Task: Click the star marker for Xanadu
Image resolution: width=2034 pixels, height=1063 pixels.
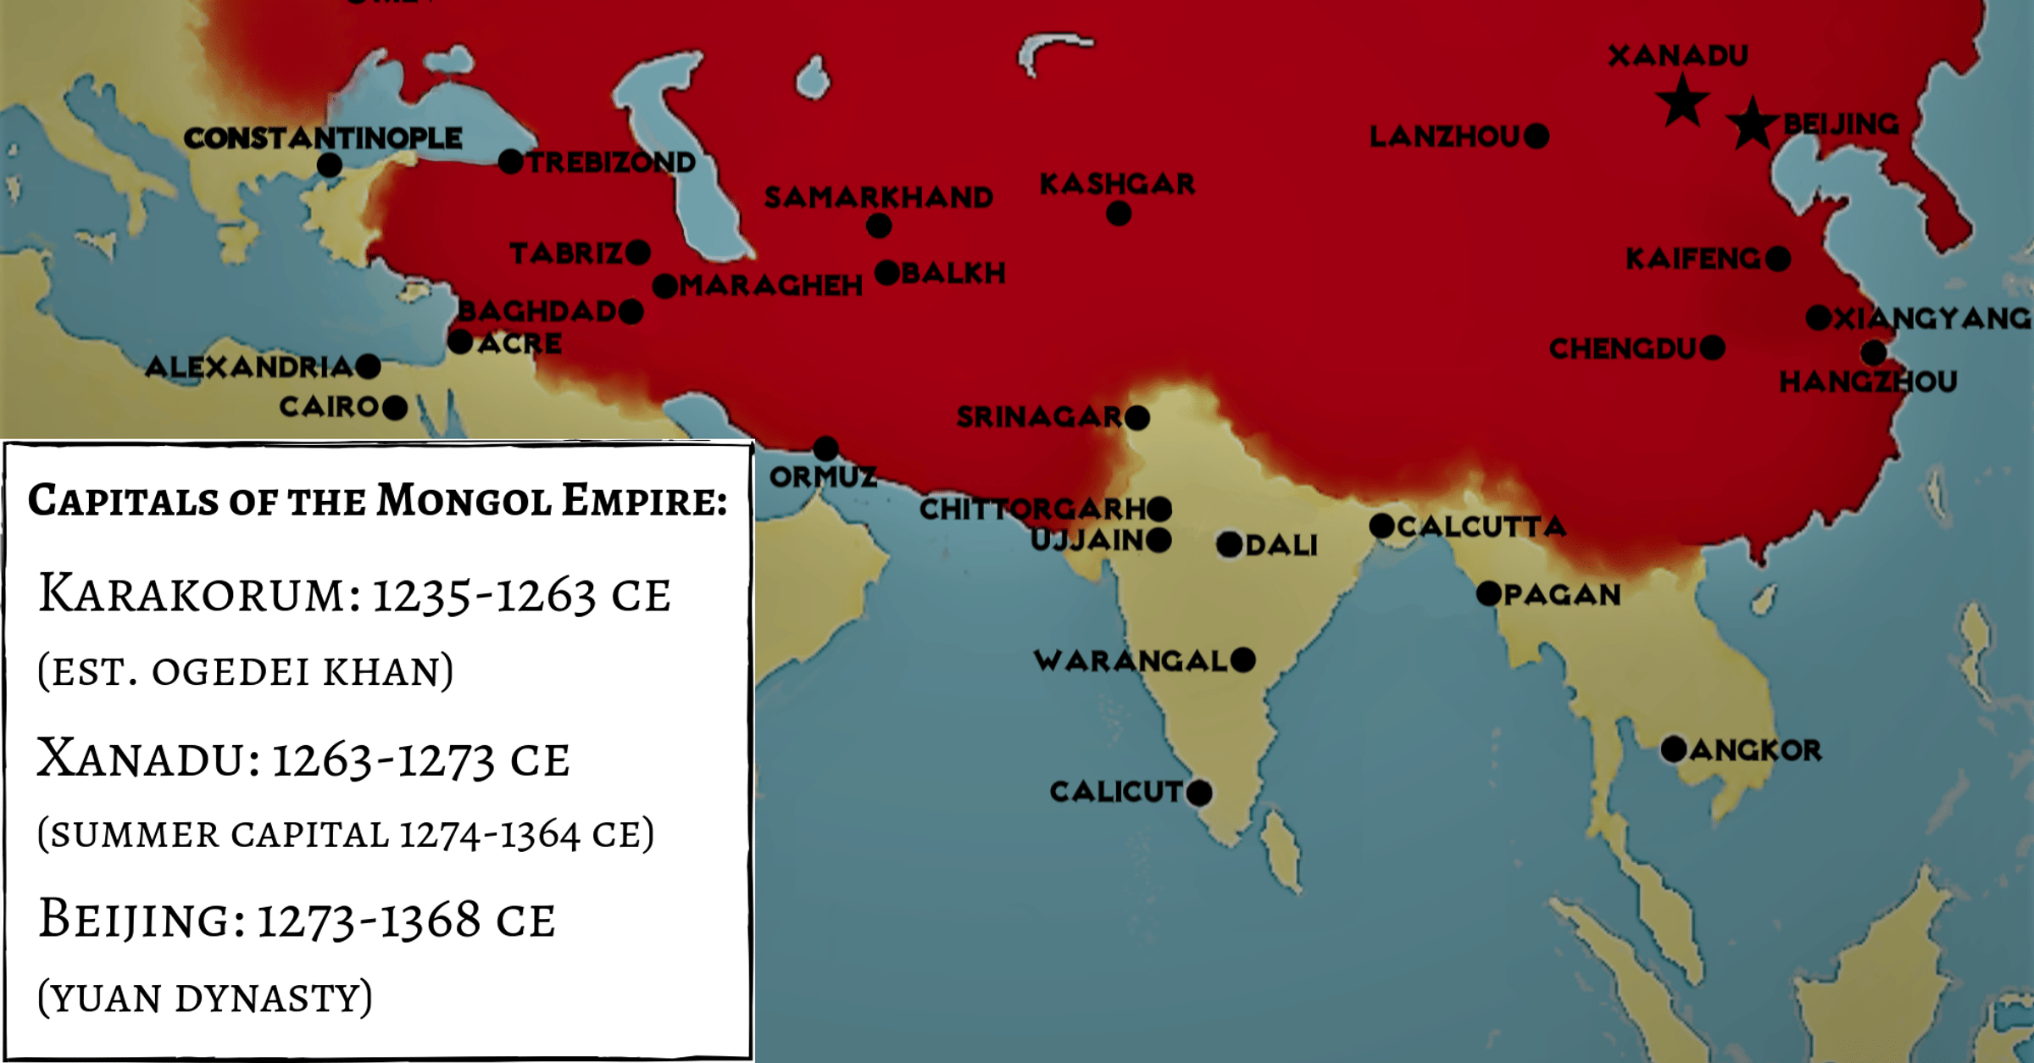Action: point(1682,101)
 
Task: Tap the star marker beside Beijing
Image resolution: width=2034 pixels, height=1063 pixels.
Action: point(1752,124)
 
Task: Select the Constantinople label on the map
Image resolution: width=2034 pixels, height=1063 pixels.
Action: point(323,138)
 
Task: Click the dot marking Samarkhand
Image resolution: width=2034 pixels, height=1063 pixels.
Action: point(879,226)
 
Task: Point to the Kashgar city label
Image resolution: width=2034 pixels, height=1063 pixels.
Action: point(1117,184)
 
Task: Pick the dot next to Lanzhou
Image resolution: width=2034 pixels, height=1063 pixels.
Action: point(1536,136)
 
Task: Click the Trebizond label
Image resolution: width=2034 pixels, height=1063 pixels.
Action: point(611,162)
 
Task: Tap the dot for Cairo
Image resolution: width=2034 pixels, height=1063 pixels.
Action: point(395,408)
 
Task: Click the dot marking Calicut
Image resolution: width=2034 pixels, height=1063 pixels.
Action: point(1198,793)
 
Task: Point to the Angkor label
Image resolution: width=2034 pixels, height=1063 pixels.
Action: point(1755,750)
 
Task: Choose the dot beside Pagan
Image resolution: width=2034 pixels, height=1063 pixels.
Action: point(1488,593)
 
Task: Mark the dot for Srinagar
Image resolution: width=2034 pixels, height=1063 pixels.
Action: point(1136,417)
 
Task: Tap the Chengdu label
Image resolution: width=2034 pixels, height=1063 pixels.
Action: point(1622,348)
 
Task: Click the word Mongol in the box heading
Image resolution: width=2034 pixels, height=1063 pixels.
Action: point(464,501)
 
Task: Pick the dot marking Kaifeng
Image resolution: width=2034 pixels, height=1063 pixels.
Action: point(1778,259)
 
